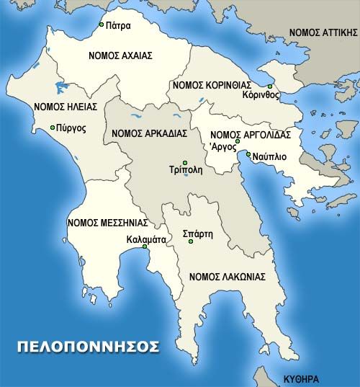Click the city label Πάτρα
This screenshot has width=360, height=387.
tap(118, 25)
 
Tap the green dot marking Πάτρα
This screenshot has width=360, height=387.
tap(102, 25)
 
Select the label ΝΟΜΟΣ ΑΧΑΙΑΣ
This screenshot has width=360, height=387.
tap(119, 55)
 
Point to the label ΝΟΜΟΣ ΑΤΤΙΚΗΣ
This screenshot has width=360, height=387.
tap(323, 32)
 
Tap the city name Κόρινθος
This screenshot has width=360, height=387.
tap(261, 95)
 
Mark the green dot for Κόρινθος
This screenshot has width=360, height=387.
tap(270, 86)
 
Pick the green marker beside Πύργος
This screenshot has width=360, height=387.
tap(53, 128)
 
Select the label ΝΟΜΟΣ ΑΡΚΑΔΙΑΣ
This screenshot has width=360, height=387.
tap(150, 133)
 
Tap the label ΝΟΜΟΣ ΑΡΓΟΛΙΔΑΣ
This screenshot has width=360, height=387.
tap(250, 135)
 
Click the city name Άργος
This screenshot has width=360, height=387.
tap(222, 146)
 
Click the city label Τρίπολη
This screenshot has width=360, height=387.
tap(186, 172)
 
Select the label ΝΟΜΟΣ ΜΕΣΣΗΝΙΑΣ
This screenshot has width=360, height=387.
tap(107, 223)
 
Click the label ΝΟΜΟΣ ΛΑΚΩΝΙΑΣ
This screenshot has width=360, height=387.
tap(227, 276)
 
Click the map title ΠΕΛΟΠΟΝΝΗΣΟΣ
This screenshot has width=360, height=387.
tap(88, 347)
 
